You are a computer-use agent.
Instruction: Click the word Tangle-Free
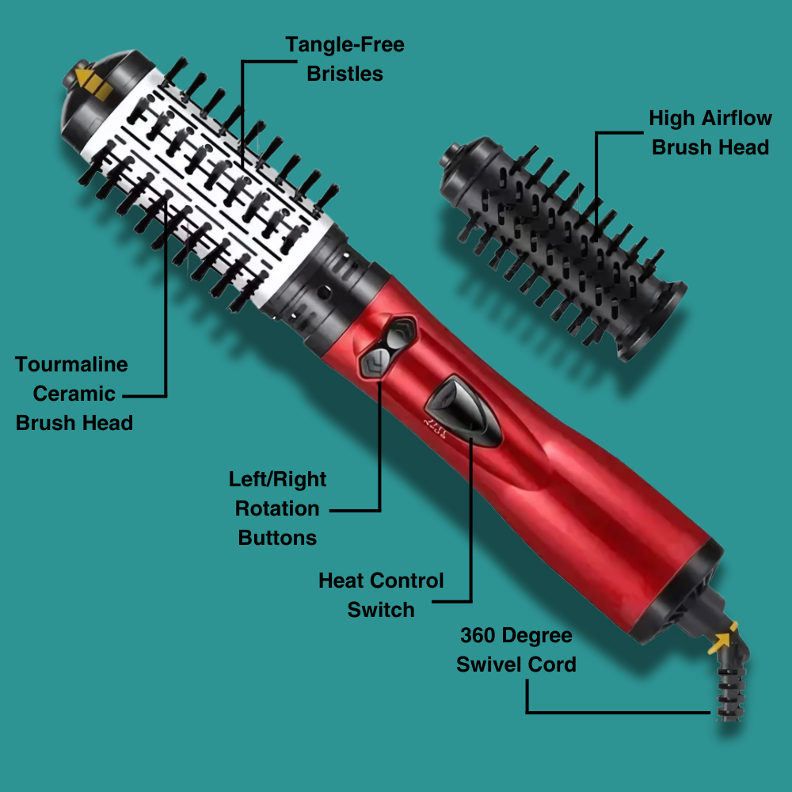(345, 44)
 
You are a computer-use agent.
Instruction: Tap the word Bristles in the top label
(345, 74)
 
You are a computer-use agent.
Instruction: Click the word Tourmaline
(71, 364)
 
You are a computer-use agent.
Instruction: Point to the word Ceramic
(74, 394)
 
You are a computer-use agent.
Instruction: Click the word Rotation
(277, 508)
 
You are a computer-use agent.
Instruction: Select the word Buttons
(277, 538)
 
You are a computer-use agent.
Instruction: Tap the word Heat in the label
(341, 581)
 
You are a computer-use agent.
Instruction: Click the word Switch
(381, 610)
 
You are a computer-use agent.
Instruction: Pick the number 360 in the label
(478, 635)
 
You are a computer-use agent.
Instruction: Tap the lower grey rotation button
(375, 362)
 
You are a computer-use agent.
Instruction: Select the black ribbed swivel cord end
(730, 692)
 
